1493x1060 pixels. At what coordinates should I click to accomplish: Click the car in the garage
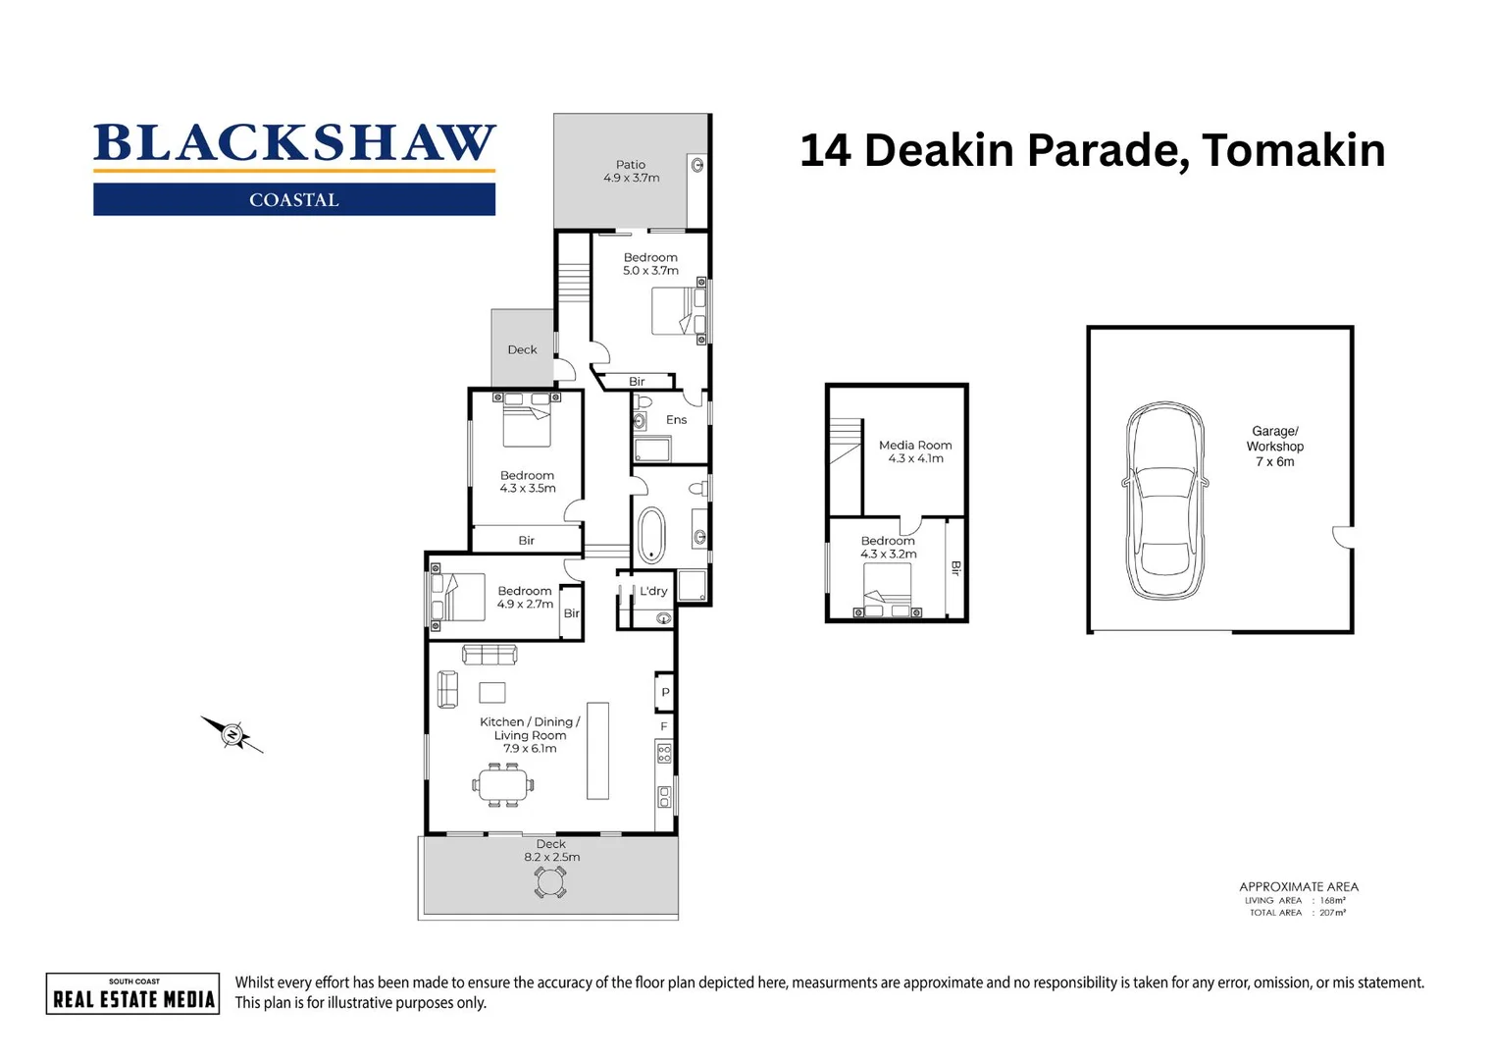tap(1164, 501)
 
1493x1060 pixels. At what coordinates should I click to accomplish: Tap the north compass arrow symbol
tap(232, 733)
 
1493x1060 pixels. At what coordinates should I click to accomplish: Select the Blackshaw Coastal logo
tap(294, 168)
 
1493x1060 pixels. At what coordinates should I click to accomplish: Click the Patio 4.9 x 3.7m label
tap(631, 172)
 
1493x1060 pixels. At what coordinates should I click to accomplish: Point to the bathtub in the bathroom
tap(651, 535)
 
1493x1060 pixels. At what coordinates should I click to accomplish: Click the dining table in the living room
tap(504, 784)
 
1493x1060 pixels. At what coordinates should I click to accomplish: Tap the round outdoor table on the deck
tap(550, 881)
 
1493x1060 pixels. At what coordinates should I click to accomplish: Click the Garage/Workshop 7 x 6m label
tap(1274, 446)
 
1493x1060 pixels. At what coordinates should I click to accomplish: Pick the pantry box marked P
tap(665, 692)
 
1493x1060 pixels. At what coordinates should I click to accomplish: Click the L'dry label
tap(653, 591)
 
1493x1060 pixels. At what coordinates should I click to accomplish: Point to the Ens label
tap(676, 420)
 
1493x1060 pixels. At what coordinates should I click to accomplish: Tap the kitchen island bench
tap(597, 750)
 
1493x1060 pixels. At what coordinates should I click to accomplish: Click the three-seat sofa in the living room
tap(489, 654)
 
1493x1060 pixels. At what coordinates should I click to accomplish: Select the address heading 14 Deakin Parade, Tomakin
tap(1092, 150)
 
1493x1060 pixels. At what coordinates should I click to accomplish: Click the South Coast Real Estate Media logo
tap(133, 993)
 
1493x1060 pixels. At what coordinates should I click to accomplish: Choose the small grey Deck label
tap(522, 349)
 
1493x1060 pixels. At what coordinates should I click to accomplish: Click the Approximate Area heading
tap(1298, 886)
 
